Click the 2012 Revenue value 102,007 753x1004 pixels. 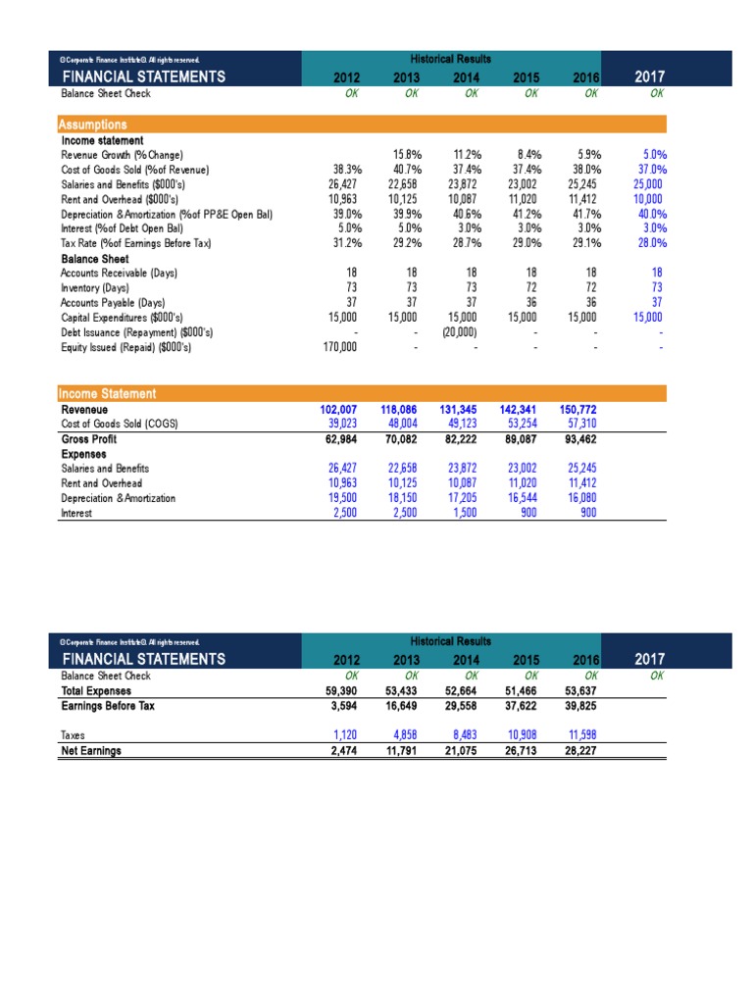click(340, 409)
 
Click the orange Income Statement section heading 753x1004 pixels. click(108, 393)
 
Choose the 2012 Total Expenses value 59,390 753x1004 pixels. click(342, 690)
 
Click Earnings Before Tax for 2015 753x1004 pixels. click(522, 705)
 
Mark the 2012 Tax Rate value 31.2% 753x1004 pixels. click(346, 243)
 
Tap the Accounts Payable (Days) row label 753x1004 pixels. click(113, 302)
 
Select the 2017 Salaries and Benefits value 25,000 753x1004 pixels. click(648, 183)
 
